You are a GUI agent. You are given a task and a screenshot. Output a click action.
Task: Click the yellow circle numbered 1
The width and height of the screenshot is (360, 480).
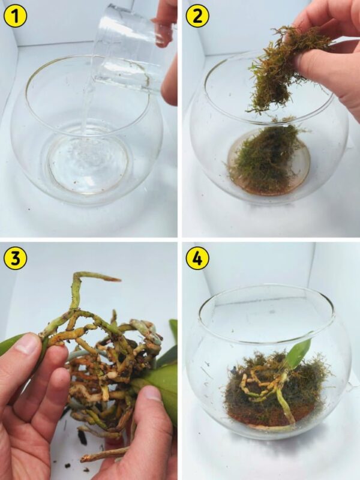click(15, 16)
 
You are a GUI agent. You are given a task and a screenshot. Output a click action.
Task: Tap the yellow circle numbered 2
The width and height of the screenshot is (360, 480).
click(197, 16)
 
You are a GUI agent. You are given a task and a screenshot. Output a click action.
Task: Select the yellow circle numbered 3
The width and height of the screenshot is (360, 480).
click(15, 258)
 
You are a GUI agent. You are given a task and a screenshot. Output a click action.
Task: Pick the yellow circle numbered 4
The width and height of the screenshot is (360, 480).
click(197, 258)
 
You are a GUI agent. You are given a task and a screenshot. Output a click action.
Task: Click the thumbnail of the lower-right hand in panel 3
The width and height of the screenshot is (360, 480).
click(151, 394)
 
